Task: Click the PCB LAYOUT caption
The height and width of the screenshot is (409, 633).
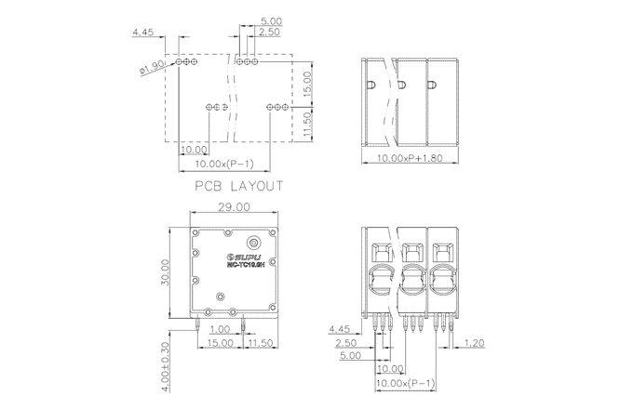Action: click(238, 186)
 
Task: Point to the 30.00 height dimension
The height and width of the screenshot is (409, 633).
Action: click(164, 274)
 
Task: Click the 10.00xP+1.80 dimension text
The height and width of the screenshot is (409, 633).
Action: click(412, 159)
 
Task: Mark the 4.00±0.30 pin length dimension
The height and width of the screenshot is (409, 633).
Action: click(164, 353)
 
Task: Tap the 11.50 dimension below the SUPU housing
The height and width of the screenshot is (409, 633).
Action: click(261, 343)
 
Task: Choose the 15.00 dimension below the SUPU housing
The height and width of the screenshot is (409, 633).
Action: click(221, 343)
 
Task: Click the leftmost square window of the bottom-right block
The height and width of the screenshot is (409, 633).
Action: click(381, 252)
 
